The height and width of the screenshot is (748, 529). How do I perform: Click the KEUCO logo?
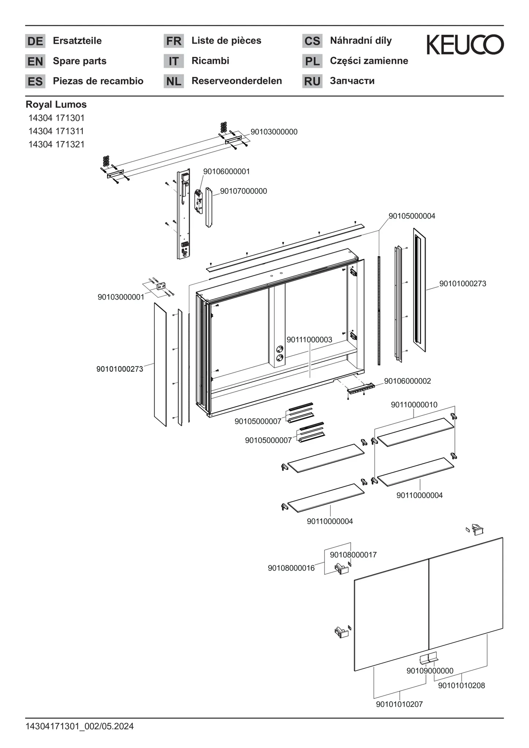click(465, 45)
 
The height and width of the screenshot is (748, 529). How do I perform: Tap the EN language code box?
click(35, 61)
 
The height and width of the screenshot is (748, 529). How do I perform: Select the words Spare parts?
click(80, 61)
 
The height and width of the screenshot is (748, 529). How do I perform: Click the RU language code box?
click(312, 81)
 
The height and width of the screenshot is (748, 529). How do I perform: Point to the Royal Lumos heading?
click(56, 104)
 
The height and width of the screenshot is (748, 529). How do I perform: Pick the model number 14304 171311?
click(56, 131)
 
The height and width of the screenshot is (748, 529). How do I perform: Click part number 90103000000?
click(274, 132)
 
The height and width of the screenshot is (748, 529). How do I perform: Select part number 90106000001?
click(227, 171)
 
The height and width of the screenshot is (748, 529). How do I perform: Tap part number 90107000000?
click(243, 191)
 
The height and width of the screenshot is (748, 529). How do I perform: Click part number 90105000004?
click(412, 216)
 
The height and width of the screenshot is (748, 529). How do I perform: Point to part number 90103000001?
click(121, 297)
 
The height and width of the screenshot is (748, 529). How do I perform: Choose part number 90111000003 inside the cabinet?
click(309, 340)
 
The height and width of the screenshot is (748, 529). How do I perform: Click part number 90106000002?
click(407, 381)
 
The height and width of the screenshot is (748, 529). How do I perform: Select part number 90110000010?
click(414, 405)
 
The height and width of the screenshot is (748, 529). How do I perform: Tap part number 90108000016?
click(291, 568)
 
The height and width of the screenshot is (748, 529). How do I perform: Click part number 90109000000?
click(430, 671)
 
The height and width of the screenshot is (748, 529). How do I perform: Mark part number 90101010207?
click(399, 704)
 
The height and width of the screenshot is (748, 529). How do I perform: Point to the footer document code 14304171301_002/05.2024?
click(80, 726)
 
